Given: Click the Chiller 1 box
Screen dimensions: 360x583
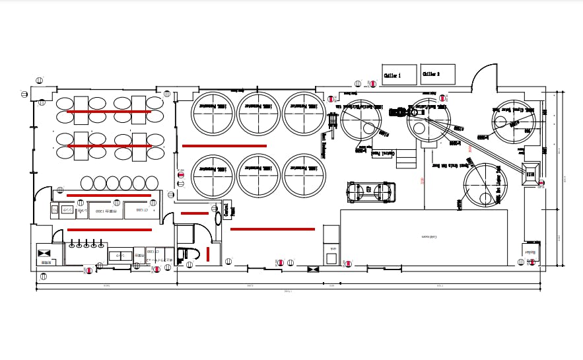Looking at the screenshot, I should (399, 75).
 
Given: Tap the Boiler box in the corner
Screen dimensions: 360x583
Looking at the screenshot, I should (532, 252).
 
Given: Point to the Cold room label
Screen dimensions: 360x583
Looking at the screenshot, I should (430, 235).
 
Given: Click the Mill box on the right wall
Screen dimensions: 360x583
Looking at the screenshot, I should (530, 173).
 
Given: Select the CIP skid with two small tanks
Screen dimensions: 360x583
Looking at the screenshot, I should (371, 192).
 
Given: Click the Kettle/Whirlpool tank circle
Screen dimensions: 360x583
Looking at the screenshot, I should (361, 122).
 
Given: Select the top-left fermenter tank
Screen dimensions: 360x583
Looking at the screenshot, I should (213, 114).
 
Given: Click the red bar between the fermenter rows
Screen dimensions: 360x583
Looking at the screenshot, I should (224, 145).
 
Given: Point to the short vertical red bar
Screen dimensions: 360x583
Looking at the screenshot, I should (208, 254).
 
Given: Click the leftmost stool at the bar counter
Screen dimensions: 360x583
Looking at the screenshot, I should (87, 182).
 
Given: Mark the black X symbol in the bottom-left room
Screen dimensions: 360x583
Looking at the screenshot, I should (45, 254).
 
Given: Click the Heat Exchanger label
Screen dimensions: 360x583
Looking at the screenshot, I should (324, 145).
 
